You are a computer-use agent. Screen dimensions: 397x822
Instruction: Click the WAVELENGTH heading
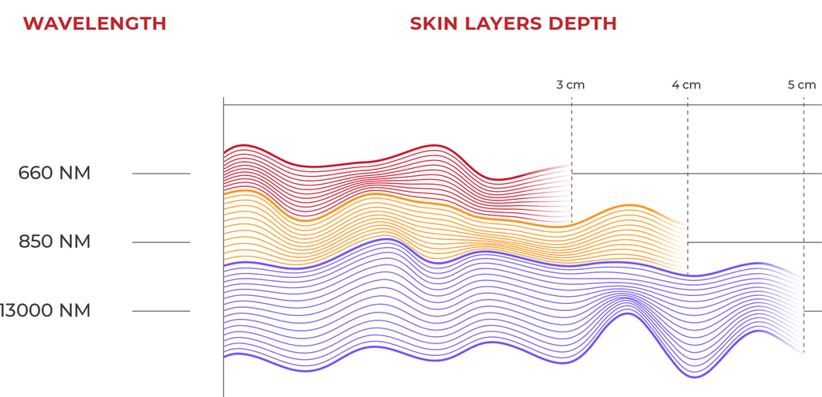pyautogui.click(x=94, y=23)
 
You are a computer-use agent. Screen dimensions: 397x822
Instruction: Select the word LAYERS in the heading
pyautogui.click(x=503, y=23)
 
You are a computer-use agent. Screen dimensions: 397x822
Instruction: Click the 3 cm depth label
pyautogui.click(x=570, y=84)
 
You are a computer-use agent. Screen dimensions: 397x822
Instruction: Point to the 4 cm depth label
pyautogui.click(x=686, y=84)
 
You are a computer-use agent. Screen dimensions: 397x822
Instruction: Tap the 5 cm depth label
pyautogui.click(x=801, y=84)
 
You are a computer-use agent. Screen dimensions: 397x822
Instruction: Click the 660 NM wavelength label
pyautogui.click(x=54, y=173)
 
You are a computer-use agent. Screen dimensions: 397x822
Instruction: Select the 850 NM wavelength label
pyautogui.click(x=54, y=242)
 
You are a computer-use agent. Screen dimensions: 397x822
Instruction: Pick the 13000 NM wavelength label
pyautogui.click(x=45, y=311)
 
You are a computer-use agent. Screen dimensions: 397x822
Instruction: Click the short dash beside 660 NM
pyautogui.click(x=161, y=173)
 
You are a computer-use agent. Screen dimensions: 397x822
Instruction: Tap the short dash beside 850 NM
pyautogui.click(x=161, y=242)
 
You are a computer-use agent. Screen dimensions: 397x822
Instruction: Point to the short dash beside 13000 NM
pyautogui.click(x=161, y=311)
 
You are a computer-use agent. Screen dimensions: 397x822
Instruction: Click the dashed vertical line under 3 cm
pyautogui.click(x=572, y=134)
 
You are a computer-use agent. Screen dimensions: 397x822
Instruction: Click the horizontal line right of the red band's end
pyautogui.click(x=694, y=173)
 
